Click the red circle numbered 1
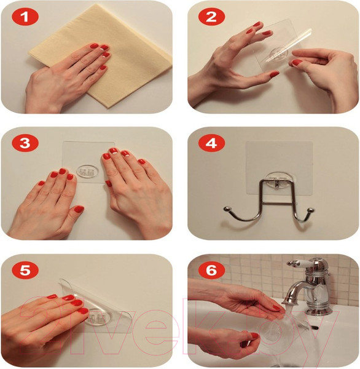click(25, 17)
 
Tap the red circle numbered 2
click(211, 17)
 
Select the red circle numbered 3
click(25, 143)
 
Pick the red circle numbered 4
click(211, 143)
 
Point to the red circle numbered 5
click(25, 270)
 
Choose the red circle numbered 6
click(211, 270)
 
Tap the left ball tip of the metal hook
click(227, 208)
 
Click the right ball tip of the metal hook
click(310, 210)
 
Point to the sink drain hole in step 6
click(314, 328)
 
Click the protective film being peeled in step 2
click(288, 46)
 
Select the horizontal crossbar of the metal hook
click(278, 202)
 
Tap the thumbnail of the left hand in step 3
click(79, 209)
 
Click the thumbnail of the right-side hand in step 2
click(297, 63)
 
